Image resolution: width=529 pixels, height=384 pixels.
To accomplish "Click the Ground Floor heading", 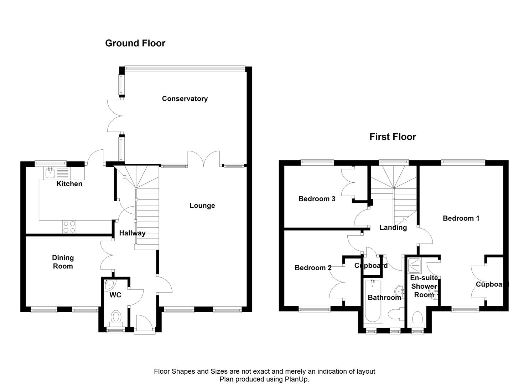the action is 135,43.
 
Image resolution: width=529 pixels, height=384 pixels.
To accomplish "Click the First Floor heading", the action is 393,137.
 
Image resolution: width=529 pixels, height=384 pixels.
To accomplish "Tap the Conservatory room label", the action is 185,99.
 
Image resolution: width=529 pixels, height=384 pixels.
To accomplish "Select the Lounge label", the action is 202,206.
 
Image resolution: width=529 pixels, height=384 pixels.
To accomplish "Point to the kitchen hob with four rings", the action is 69,227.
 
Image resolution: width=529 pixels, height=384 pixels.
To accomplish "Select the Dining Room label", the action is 63,262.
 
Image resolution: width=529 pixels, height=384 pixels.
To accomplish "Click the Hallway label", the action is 132,233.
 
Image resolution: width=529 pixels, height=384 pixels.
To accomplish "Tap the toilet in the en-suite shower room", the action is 416,319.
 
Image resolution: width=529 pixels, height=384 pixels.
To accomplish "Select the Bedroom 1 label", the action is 461,218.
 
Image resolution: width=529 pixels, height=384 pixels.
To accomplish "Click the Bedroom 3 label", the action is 317,199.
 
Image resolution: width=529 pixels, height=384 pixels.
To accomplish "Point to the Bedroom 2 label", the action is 313,268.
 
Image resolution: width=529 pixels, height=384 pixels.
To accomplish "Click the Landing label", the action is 393,228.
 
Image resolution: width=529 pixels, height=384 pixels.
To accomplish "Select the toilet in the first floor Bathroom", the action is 394,315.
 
